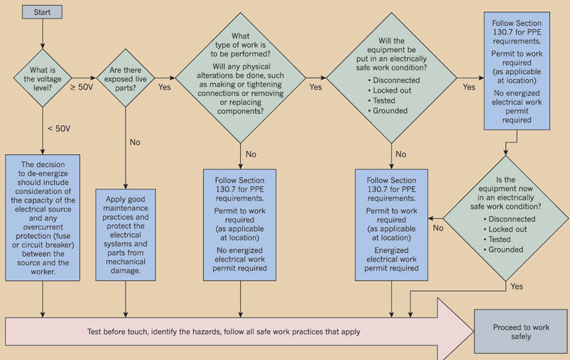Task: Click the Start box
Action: click(43, 12)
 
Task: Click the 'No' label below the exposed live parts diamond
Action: click(135, 142)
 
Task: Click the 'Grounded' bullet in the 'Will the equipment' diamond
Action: click(390, 111)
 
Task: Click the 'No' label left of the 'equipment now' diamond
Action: click(438, 228)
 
